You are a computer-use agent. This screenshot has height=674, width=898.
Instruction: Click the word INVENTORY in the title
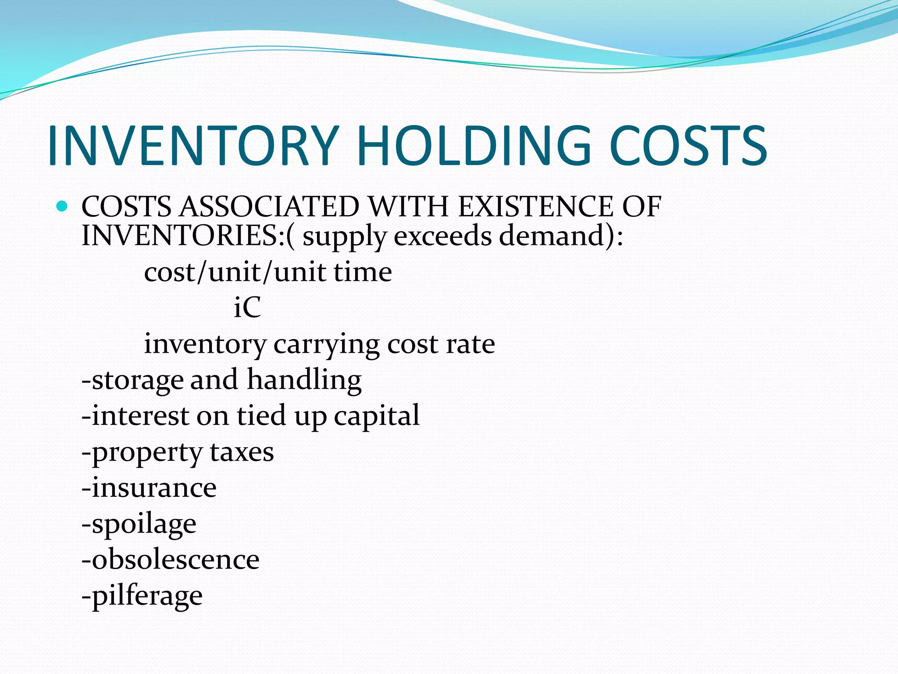tap(193, 146)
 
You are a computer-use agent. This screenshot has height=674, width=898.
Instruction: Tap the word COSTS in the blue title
tap(688, 146)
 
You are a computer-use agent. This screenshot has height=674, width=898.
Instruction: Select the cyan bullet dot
tap(62, 206)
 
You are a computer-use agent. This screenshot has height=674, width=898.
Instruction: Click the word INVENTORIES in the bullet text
tap(180, 236)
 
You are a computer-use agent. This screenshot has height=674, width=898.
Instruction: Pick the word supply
tap(345, 237)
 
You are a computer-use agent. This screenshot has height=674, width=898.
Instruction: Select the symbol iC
tap(247, 307)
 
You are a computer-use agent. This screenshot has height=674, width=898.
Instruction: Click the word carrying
tap(327, 345)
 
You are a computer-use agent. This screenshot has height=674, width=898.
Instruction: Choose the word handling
tap(304, 380)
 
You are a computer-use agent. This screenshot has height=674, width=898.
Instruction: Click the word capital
tap(377, 416)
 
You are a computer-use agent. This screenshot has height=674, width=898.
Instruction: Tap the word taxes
tap(242, 452)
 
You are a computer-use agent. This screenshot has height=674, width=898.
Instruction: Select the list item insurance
tap(150, 488)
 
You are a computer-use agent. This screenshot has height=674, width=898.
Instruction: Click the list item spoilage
tap(139, 524)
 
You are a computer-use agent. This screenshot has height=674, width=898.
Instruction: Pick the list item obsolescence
tap(171, 559)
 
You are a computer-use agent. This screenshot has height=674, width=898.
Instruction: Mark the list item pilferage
tap(143, 596)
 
